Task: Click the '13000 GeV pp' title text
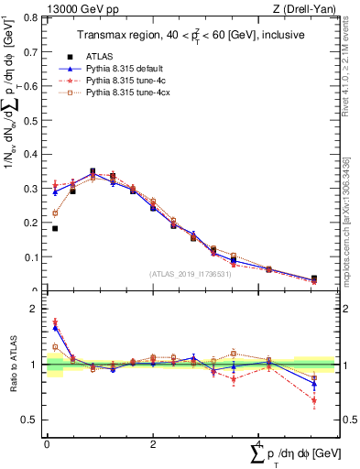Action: coord(81,10)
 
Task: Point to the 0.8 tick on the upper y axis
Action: coord(33,18)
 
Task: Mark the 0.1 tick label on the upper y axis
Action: coord(33,256)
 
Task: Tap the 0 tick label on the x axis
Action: coord(47,444)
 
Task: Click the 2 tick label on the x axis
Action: coord(152,444)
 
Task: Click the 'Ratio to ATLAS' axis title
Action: coord(12,365)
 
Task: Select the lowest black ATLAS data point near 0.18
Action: coord(55,228)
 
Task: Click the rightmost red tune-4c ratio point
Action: coord(314,399)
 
